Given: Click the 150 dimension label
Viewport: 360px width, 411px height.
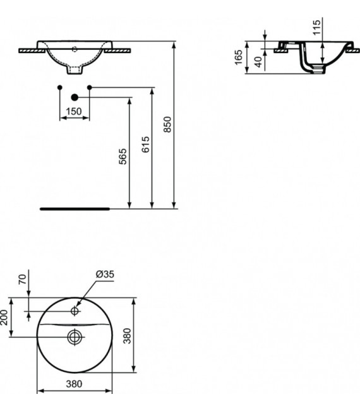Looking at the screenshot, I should tap(74, 111).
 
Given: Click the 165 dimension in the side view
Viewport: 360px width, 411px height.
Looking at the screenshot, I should tap(239, 58).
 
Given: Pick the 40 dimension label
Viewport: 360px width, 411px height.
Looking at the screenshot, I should tap(258, 62).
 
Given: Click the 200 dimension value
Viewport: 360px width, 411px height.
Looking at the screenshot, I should tap(4, 318).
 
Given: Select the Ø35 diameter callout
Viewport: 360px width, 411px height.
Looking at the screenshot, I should tap(104, 274).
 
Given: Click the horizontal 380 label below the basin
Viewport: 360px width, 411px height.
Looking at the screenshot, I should tap(75, 383).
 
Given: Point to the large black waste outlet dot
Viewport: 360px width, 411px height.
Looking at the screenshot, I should tap(75, 97).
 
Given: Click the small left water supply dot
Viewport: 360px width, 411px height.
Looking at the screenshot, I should tap(59, 86).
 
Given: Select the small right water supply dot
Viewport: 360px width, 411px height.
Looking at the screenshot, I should tap(90, 86).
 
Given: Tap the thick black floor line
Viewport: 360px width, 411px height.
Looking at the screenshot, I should tap(75, 207).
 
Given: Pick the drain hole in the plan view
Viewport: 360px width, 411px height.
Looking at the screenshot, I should tap(75, 337).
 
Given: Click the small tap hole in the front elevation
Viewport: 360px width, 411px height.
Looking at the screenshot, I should tap(75, 47).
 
